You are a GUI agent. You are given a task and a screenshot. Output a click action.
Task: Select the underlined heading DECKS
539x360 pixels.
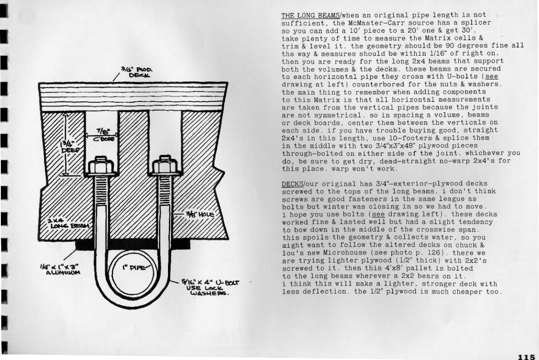pos(292,184)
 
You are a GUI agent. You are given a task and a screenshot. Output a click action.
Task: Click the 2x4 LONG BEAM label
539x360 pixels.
pos(68,224)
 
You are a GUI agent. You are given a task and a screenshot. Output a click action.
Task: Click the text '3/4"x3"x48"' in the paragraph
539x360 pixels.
pos(378,145)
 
